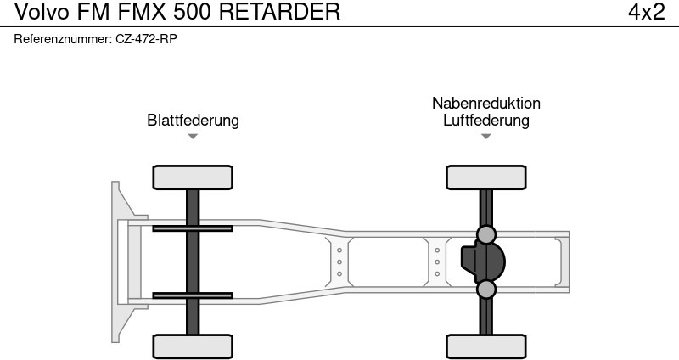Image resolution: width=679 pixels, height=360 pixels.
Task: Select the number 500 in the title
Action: [x=201, y=12]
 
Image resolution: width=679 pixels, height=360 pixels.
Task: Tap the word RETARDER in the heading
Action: [x=285, y=12]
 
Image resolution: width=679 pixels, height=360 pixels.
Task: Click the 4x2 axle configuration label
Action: [x=646, y=12]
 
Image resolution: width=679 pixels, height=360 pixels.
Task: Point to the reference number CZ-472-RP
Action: [x=146, y=39]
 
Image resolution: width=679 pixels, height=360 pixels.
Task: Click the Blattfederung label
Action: [x=193, y=121]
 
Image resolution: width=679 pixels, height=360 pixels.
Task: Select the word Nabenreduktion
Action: [x=485, y=104]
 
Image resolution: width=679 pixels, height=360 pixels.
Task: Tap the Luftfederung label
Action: [x=485, y=121]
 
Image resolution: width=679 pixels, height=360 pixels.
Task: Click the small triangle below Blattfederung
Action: [x=193, y=137]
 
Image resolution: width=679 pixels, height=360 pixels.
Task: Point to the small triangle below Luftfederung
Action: [x=485, y=137]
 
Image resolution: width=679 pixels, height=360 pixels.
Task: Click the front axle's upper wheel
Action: [x=193, y=177]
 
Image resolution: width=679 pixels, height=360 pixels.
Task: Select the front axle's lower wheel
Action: [x=193, y=346]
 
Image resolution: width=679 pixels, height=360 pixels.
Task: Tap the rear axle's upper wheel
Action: [x=486, y=177]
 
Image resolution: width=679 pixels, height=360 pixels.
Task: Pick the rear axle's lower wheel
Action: [x=486, y=346]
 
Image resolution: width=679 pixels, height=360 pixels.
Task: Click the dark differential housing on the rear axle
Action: [x=482, y=262]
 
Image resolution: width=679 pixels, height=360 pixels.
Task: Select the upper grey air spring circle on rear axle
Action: [x=486, y=234]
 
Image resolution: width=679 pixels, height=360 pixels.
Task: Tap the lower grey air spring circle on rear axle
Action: [x=486, y=290]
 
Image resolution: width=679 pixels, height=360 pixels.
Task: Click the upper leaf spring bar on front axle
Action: [x=193, y=228]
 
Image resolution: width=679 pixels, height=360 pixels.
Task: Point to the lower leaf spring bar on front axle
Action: [x=193, y=295]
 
